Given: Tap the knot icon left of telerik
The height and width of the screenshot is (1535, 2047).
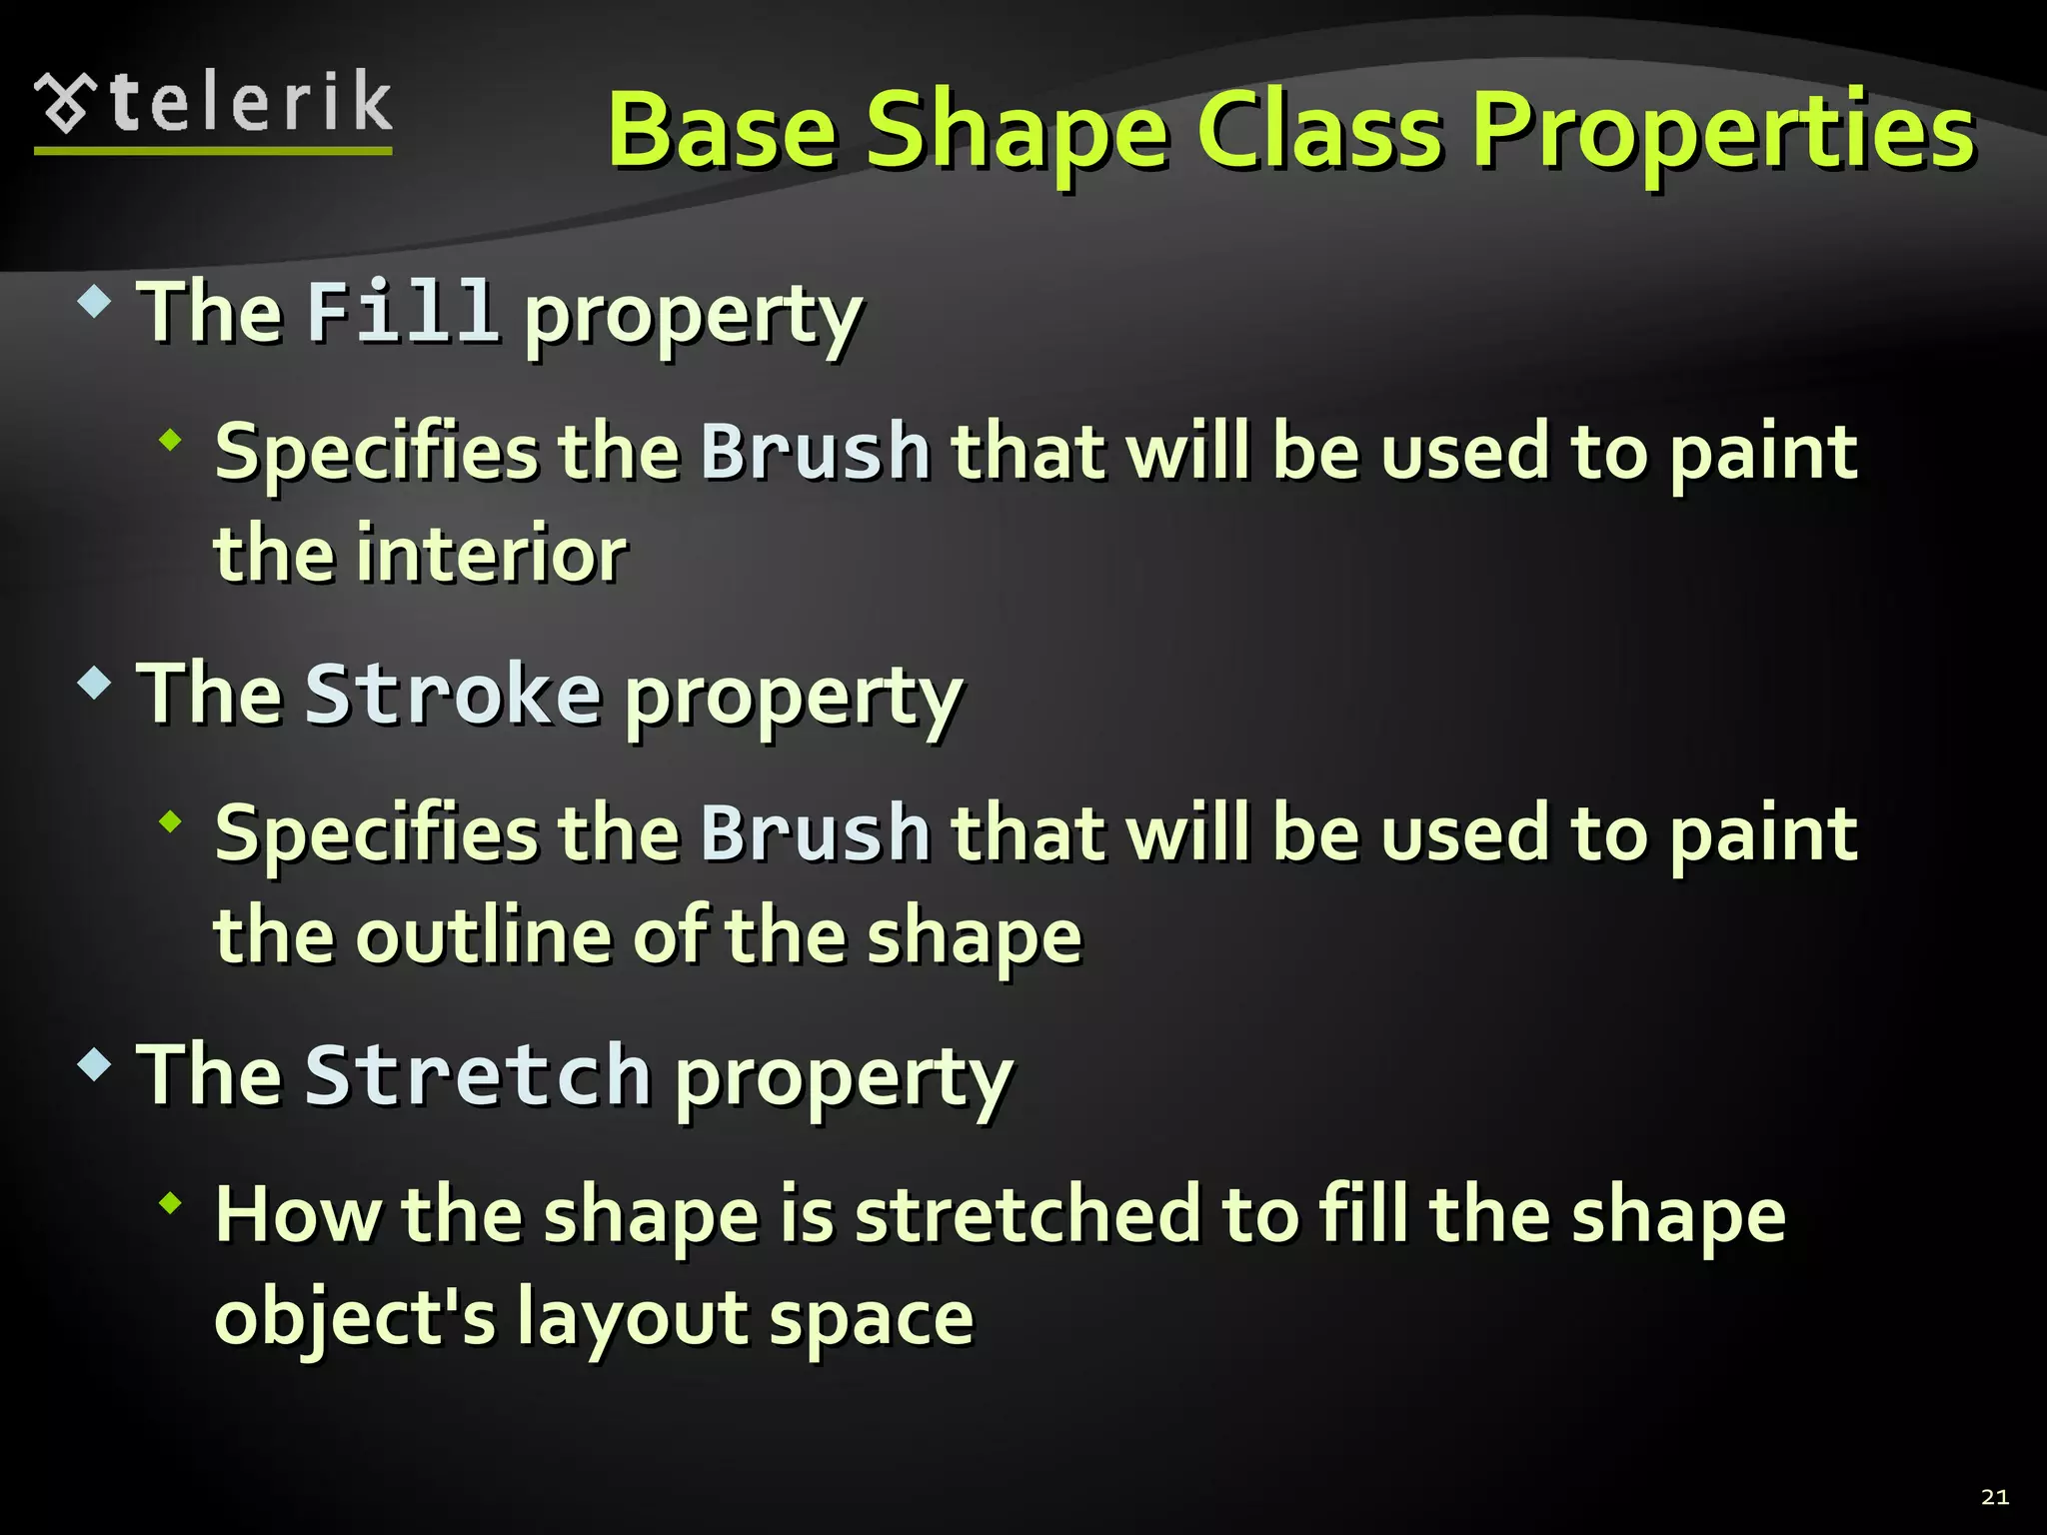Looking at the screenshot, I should click(66, 103).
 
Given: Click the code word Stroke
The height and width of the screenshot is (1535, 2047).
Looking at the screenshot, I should click(453, 694).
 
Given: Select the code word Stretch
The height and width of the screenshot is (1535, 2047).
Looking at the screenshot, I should click(478, 1075).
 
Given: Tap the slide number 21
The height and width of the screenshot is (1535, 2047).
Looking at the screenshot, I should click(1994, 1496).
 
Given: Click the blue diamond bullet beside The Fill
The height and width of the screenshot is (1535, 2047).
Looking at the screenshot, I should click(94, 301).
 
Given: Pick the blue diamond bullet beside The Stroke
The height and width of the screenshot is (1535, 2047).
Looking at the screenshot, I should click(94, 684).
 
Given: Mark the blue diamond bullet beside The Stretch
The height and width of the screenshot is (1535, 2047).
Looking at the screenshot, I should click(94, 1064).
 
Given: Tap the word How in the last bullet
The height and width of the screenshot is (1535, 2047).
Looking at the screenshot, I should click(298, 1215).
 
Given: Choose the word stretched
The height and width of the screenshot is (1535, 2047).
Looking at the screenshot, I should click(1027, 1215).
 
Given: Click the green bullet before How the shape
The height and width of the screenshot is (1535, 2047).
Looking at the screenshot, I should click(172, 1203).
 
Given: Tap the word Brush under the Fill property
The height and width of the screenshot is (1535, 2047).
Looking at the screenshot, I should click(815, 452).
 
